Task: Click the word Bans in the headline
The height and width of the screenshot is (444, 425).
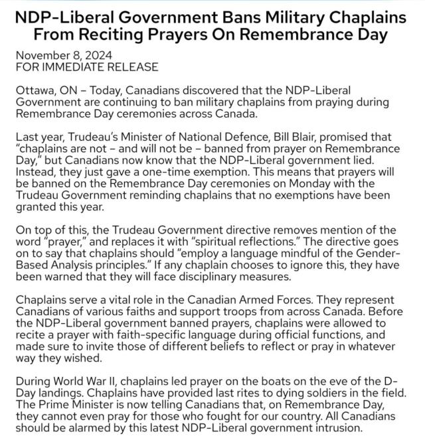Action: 228,15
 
